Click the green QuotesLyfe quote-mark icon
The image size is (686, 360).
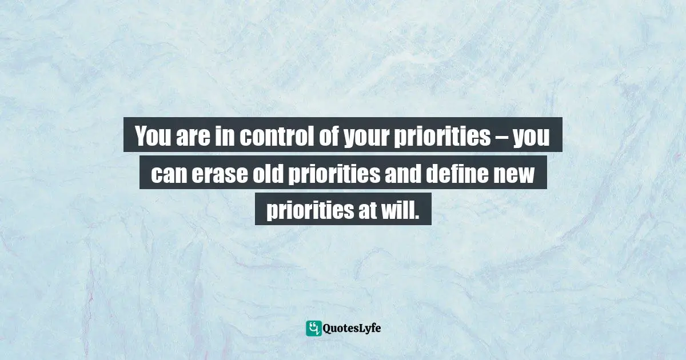click(x=313, y=328)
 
